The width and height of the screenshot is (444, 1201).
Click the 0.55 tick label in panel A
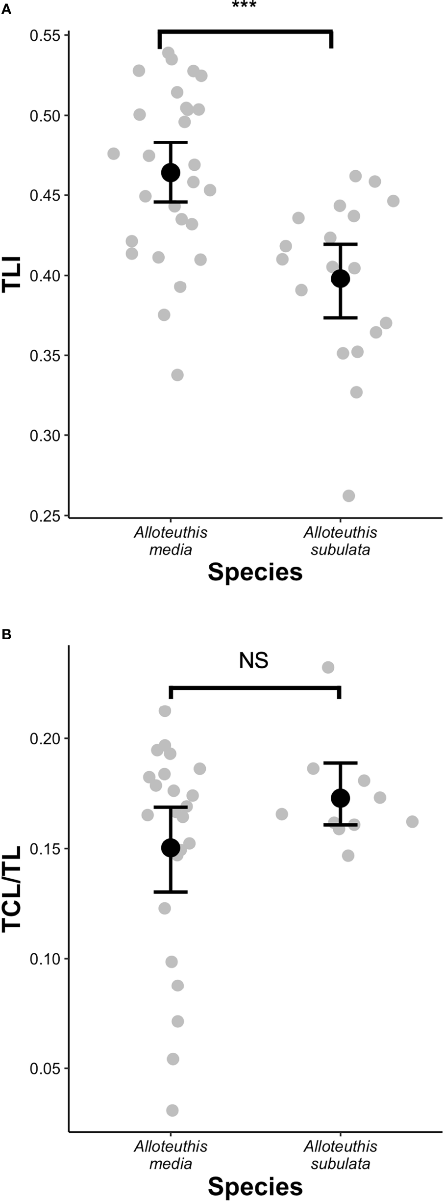pyautogui.click(x=45, y=36)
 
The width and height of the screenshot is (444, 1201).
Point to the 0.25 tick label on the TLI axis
pyautogui.click(x=45, y=516)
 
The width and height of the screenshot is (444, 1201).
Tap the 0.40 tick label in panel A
pyautogui.click(x=45, y=276)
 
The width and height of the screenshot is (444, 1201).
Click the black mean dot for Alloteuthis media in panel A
pyautogui.click(x=171, y=173)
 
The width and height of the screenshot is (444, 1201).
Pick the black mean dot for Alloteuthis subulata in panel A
pyautogui.click(x=340, y=279)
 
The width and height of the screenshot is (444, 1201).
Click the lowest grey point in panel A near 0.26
pyautogui.click(x=348, y=496)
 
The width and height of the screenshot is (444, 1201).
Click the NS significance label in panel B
pyautogui.click(x=253, y=661)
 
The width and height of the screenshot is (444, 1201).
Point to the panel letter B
pyautogui.click(x=6, y=634)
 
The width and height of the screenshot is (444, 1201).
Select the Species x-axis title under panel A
pyautogui.click(x=255, y=572)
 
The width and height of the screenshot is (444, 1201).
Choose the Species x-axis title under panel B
pyautogui.click(x=255, y=1186)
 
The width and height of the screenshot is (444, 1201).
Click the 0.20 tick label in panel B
pyautogui.click(x=45, y=738)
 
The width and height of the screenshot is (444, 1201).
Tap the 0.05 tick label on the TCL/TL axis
pyautogui.click(x=45, y=1068)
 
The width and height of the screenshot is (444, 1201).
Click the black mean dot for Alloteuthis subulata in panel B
pyautogui.click(x=340, y=798)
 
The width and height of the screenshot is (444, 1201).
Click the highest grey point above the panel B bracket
pyautogui.click(x=328, y=667)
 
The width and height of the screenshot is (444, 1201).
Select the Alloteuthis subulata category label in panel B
pyautogui.click(x=340, y=1155)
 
